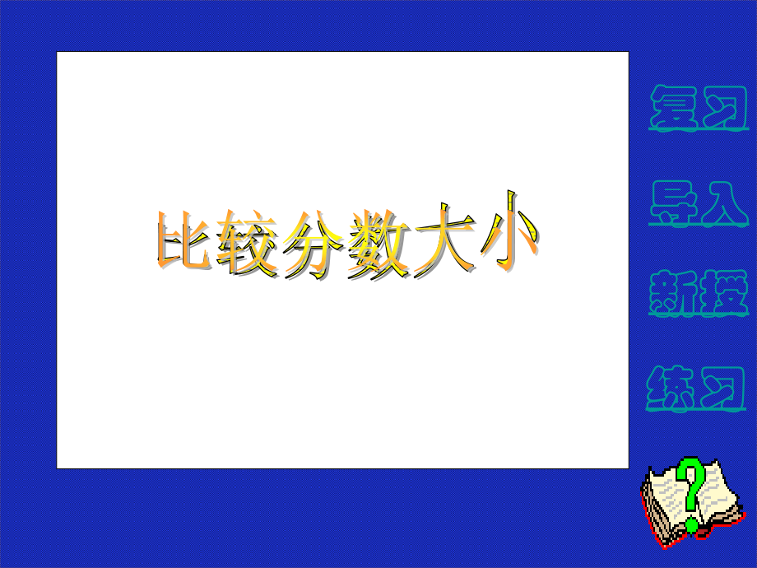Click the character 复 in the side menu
point(674,108)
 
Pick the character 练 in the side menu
point(674,389)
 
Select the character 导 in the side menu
point(674,203)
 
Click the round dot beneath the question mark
point(692,523)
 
